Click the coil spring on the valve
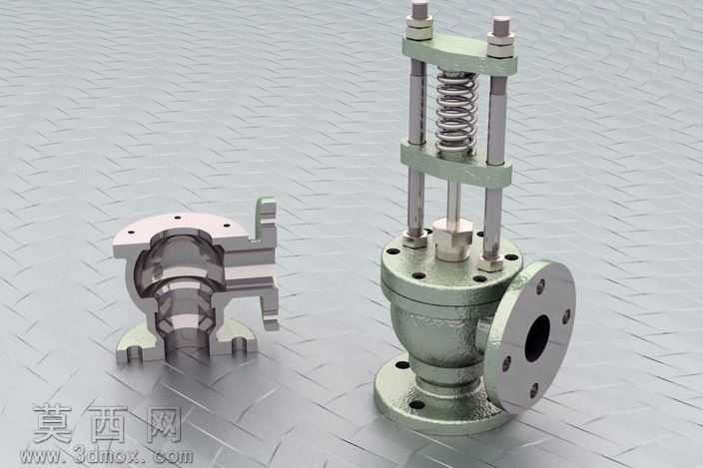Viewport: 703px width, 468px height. coord(456,112)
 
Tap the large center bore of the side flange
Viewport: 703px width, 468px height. coord(537,338)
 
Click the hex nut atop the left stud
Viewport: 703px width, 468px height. coord(419,27)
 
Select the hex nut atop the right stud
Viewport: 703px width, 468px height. coord(500,44)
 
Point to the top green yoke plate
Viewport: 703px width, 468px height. coord(460,55)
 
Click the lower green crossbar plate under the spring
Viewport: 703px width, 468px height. coord(455,164)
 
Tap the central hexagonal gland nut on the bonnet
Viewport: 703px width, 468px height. coord(452,239)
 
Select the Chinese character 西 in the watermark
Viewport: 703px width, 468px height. coord(109,424)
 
